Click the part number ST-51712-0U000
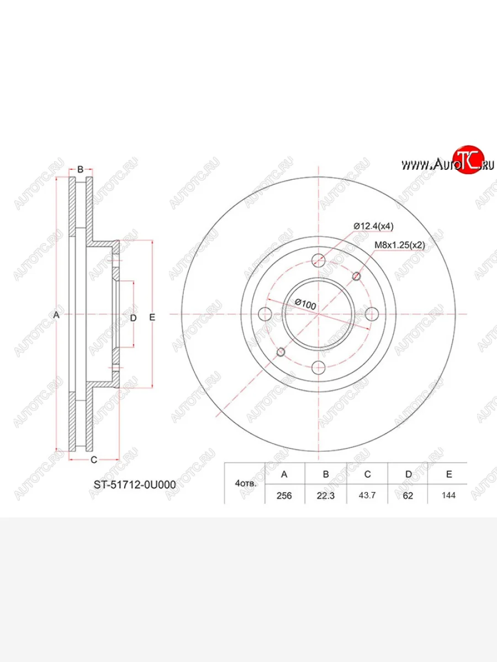tap(135, 485)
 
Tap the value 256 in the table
tap(284, 495)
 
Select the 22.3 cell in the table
tap(326, 495)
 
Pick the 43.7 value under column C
tap(367, 495)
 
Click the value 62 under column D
tap(408, 495)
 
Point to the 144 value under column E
tap(448, 495)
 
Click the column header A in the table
tap(284, 474)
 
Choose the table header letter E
tap(449, 474)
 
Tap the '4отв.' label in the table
tap(246, 484)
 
